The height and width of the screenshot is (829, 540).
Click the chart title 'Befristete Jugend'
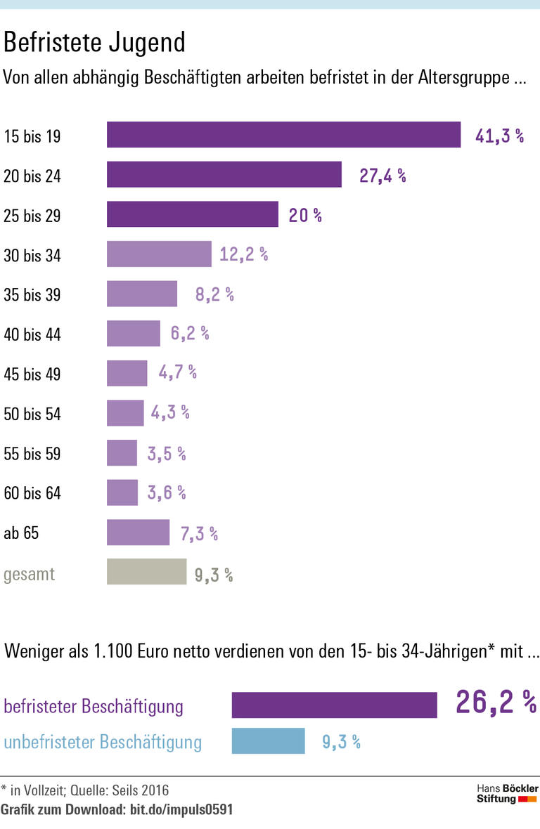(94, 42)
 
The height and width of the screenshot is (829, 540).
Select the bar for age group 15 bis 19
(283, 135)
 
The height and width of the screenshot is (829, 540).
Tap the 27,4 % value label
(382, 176)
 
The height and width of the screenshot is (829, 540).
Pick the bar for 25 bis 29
(192, 215)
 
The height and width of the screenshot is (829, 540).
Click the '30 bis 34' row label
(32, 256)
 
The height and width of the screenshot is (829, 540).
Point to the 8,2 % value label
(214, 294)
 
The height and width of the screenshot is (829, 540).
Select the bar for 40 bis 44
(134, 334)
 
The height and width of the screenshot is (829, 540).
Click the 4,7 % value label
(177, 373)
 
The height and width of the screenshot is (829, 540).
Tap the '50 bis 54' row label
(32, 414)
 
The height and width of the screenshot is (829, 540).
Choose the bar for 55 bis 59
(122, 453)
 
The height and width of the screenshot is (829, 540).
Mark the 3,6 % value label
(167, 493)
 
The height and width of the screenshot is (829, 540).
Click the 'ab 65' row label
(21, 533)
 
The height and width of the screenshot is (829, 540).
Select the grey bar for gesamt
(146, 572)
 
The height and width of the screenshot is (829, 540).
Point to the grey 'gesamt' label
(29, 574)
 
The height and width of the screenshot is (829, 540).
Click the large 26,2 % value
(496, 702)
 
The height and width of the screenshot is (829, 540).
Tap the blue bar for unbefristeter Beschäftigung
(268, 740)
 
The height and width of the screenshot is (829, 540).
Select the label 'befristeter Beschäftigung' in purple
(94, 706)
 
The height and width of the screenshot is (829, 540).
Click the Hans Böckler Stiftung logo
(507, 794)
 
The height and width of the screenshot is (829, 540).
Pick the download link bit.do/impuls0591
(181, 810)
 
